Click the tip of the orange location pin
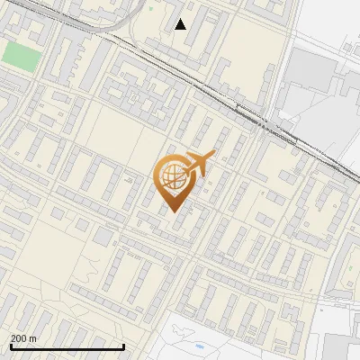tap(171, 211)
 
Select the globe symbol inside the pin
tap(171, 177)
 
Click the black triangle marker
tap(181, 24)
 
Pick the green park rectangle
tap(21, 55)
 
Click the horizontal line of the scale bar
tap(67, 347)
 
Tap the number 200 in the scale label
tap(19, 338)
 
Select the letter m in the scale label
tap(33, 338)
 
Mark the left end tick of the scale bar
tap(10, 346)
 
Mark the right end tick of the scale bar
tap(123, 346)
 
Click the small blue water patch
tap(199, 346)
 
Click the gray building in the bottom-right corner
tap(342, 346)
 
